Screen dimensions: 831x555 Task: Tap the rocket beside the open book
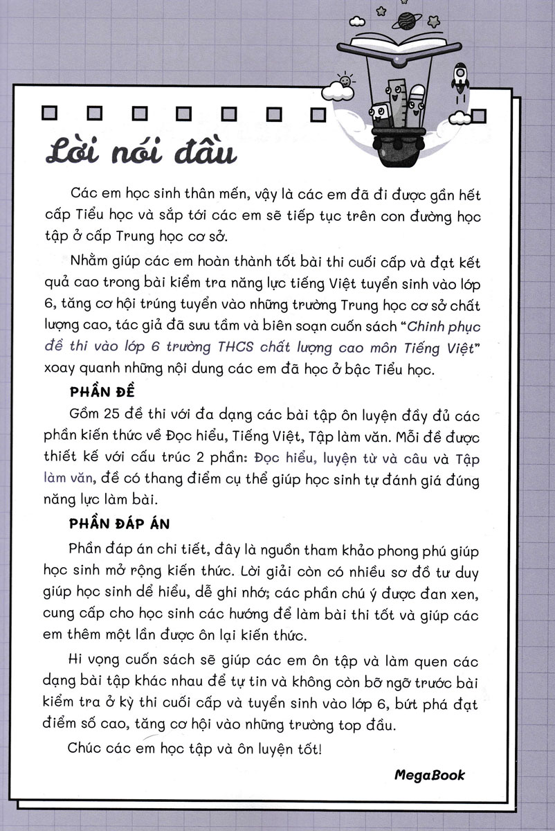[460, 78]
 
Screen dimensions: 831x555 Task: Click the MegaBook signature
[430, 775]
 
